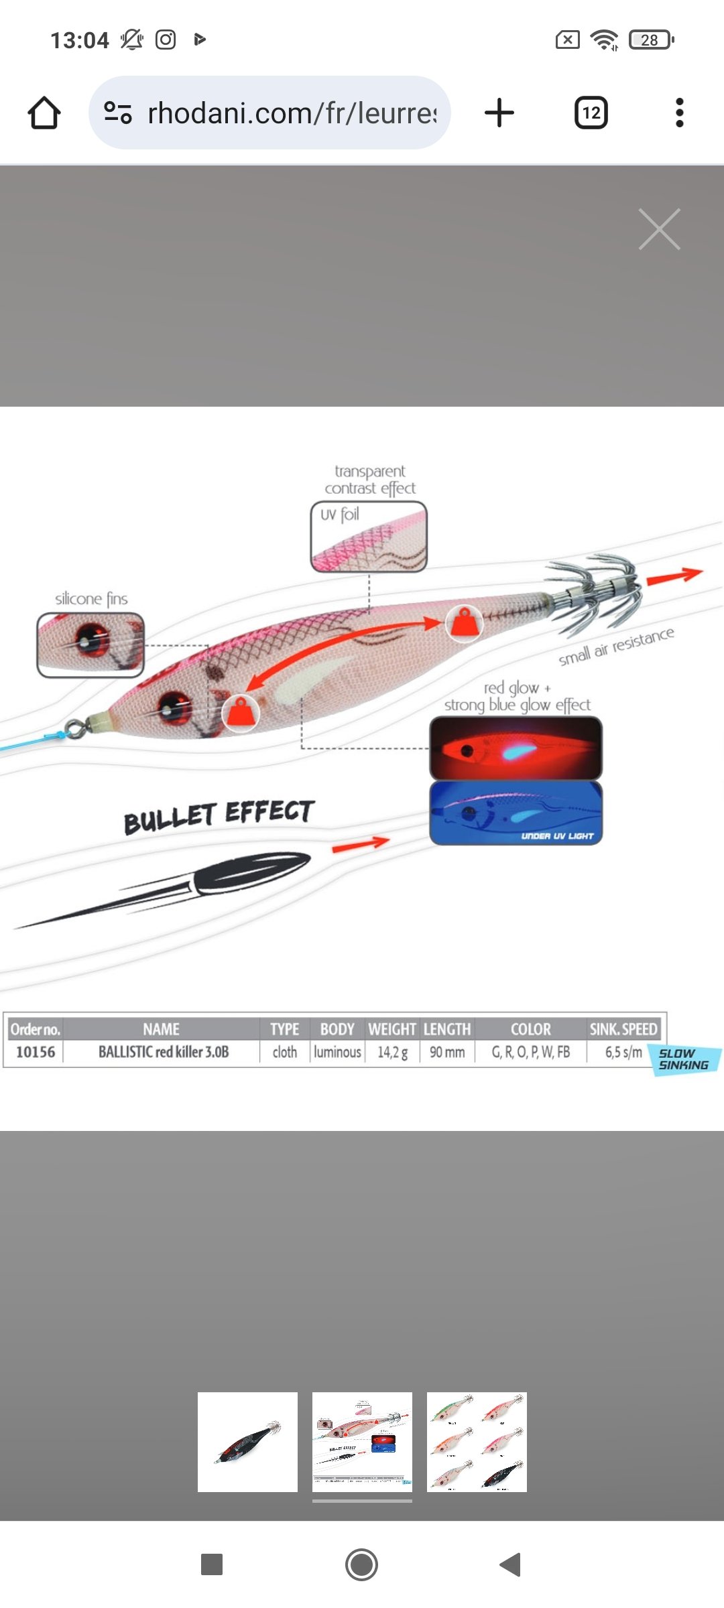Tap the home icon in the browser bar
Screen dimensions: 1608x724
click(44, 113)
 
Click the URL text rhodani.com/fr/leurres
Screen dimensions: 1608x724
click(291, 113)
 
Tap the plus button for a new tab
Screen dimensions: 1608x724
click(499, 113)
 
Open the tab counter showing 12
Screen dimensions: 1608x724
click(591, 113)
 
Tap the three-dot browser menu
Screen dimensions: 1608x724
click(679, 113)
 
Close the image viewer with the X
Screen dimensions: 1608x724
click(659, 229)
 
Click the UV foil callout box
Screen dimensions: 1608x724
click(369, 537)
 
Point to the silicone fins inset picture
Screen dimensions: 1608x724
click(90, 645)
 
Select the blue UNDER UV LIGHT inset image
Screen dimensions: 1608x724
click(516, 813)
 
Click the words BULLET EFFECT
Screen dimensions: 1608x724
click(219, 815)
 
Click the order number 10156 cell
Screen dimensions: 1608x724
click(36, 1052)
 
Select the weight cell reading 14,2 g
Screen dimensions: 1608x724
click(392, 1052)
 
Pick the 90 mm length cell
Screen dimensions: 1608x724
click(447, 1052)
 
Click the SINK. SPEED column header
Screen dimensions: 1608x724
click(623, 1029)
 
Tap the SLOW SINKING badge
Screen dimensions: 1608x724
click(684, 1059)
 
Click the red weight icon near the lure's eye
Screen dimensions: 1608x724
click(241, 713)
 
